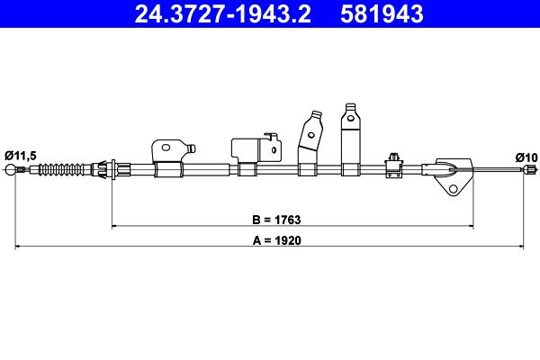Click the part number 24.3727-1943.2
click(x=223, y=13)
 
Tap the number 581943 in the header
click(x=382, y=13)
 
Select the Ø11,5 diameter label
click(x=21, y=156)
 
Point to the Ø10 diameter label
click(x=526, y=157)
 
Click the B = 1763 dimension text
click(x=276, y=220)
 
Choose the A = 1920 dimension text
click(x=277, y=240)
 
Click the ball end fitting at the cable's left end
click(x=10, y=169)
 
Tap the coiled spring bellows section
click(x=61, y=169)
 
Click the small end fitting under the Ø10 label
click(x=530, y=169)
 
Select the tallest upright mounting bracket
click(x=351, y=139)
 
